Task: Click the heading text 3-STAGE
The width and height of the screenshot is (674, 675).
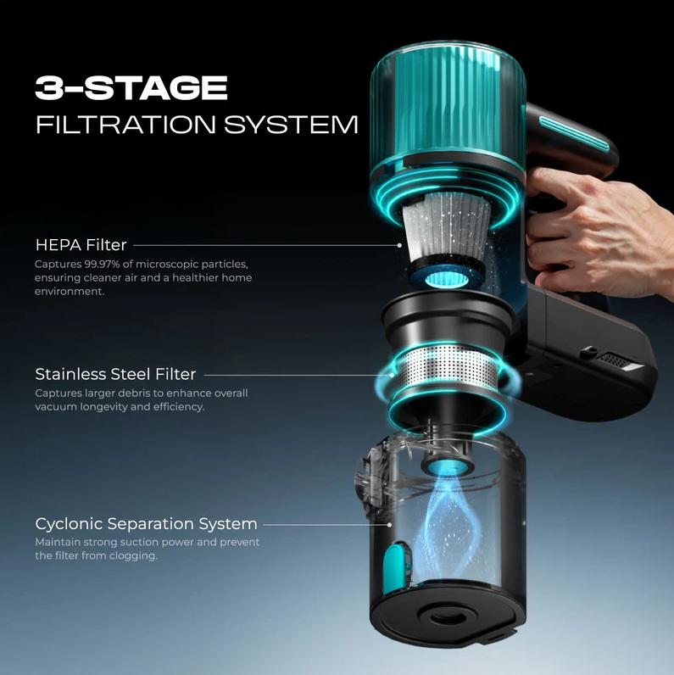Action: [131, 88]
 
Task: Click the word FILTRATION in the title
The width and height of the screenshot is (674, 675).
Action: [125, 125]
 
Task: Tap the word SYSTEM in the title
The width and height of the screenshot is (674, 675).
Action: [291, 125]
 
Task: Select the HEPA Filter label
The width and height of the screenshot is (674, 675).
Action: [81, 245]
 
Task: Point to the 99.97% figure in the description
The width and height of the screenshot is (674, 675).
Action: [102, 264]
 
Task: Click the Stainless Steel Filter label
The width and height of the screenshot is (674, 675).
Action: [115, 374]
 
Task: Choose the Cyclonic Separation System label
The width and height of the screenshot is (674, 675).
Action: [147, 524]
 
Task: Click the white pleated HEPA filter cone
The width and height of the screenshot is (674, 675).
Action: [447, 227]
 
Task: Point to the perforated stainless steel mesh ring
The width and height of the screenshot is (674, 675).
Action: [448, 365]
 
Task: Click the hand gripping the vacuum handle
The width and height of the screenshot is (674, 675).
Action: [599, 231]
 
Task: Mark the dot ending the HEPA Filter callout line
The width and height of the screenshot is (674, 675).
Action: [399, 245]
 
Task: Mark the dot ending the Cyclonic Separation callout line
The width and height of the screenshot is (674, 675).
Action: [389, 525]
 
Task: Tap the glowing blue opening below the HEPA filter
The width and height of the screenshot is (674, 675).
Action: [447, 279]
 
